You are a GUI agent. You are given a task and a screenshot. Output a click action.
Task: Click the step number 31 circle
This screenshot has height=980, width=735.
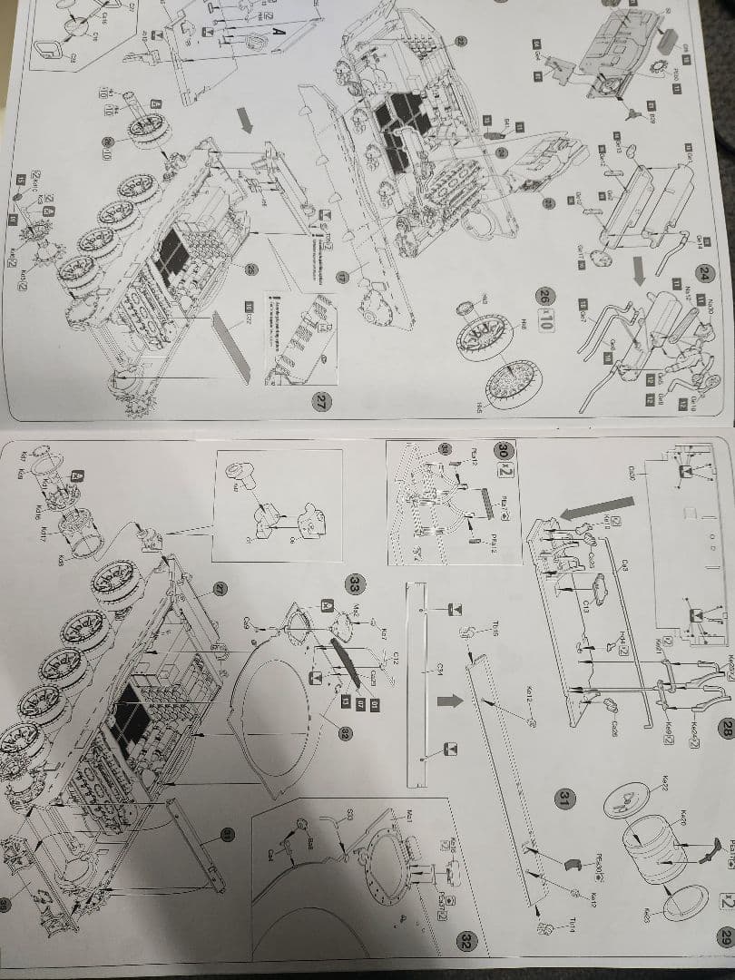563,798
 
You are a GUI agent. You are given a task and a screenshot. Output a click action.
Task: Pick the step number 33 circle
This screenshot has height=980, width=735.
354,582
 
